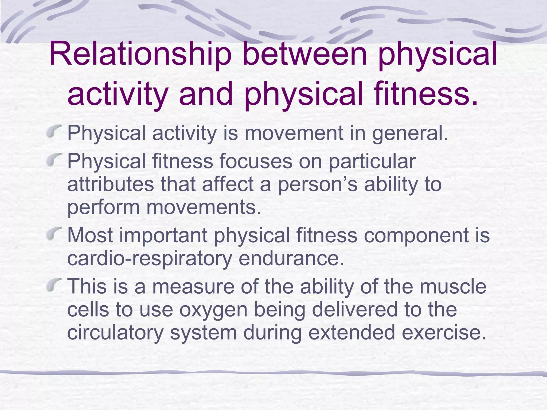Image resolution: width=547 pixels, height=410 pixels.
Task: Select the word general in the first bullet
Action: [x=409, y=133]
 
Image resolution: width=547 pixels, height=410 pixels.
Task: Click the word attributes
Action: [x=111, y=185]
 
